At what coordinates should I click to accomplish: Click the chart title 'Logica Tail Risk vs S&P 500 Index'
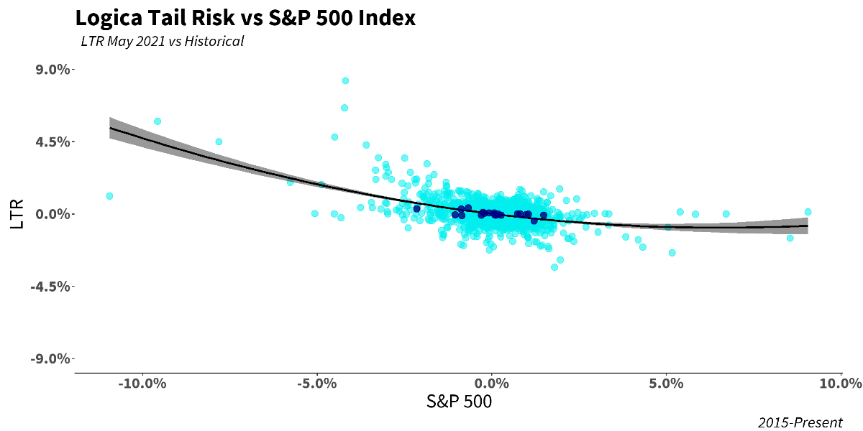coord(245,18)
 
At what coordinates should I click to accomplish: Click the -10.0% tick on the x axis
coord(142,383)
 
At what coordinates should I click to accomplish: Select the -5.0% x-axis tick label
coord(317,383)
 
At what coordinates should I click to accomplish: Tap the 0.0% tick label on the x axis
coord(492,383)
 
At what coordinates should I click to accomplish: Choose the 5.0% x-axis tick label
coord(667,383)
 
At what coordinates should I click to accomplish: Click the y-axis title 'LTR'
coord(18,214)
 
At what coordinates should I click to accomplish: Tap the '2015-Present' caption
coord(800,422)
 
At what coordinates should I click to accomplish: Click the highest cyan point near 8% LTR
coord(345,80)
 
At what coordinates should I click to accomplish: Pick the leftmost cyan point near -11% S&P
coord(109,196)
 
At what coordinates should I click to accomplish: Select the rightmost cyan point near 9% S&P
coord(808,212)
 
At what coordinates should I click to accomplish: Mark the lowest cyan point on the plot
coord(554,267)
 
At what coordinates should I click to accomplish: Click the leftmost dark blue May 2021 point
coord(416,209)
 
